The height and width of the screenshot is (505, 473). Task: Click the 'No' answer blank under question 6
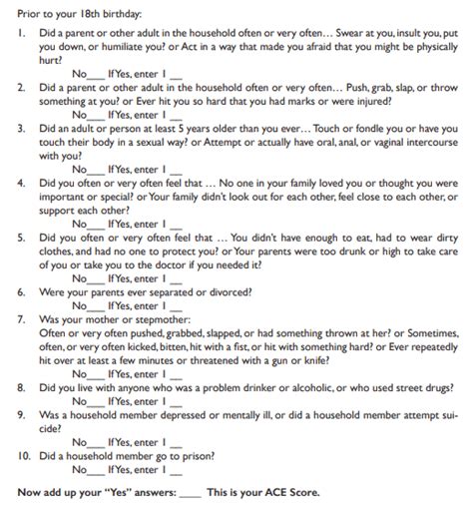[x=95, y=308]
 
